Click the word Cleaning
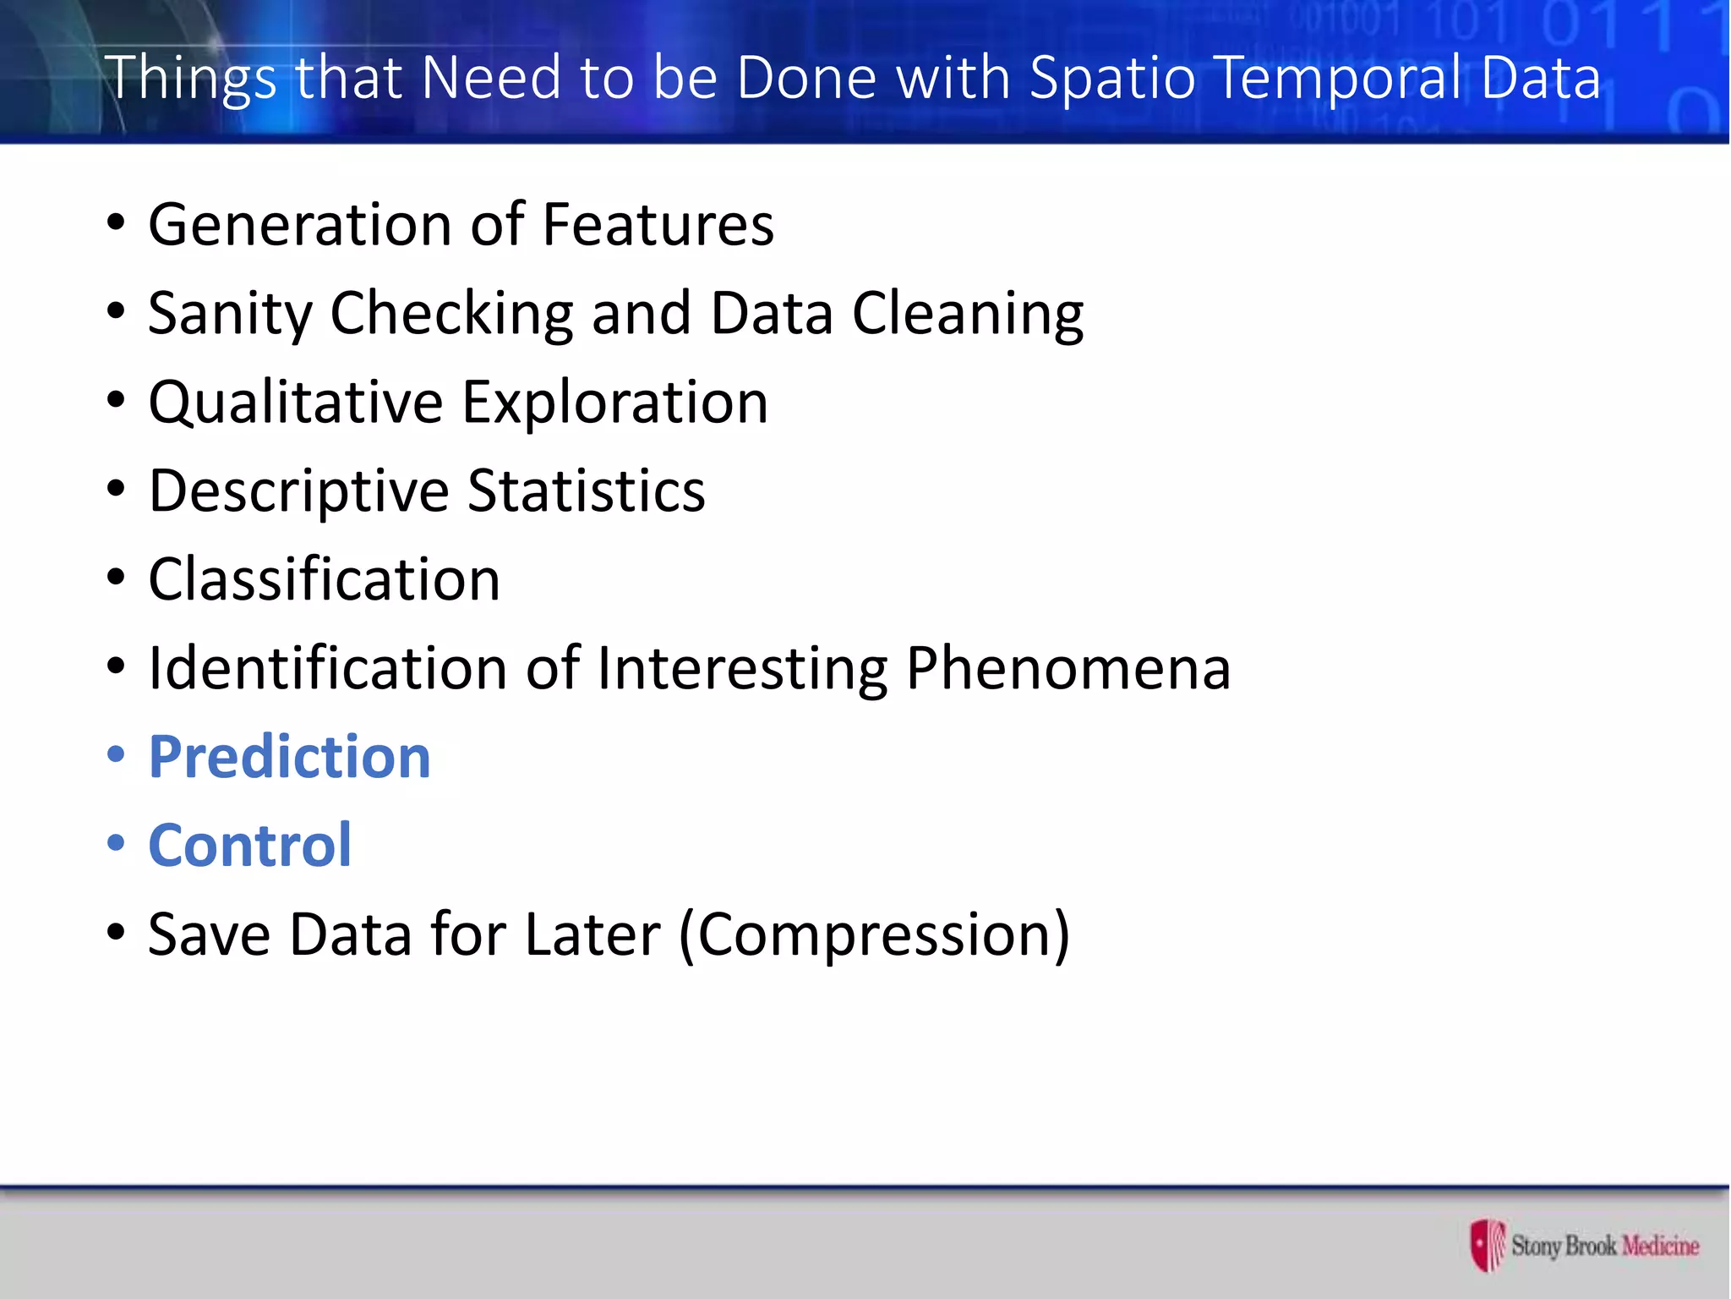pyautogui.click(x=967, y=315)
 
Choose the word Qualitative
pyautogui.click(x=296, y=403)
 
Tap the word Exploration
pyautogui.click(x=615, y=403)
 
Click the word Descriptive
pyautogui.click(x=298, y=492)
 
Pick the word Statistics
pyautogui.click(x=586, y=491)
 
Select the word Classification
pyautogui.click(x=325, y=580)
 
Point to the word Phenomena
pyautogui.click(x=1068, y=669)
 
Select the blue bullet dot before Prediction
pyautogui.click(x=116, y=754)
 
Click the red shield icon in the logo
pyautogui.click(x=1486, y=1244)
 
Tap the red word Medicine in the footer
pyautogui.click(x=1660, y=1246)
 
